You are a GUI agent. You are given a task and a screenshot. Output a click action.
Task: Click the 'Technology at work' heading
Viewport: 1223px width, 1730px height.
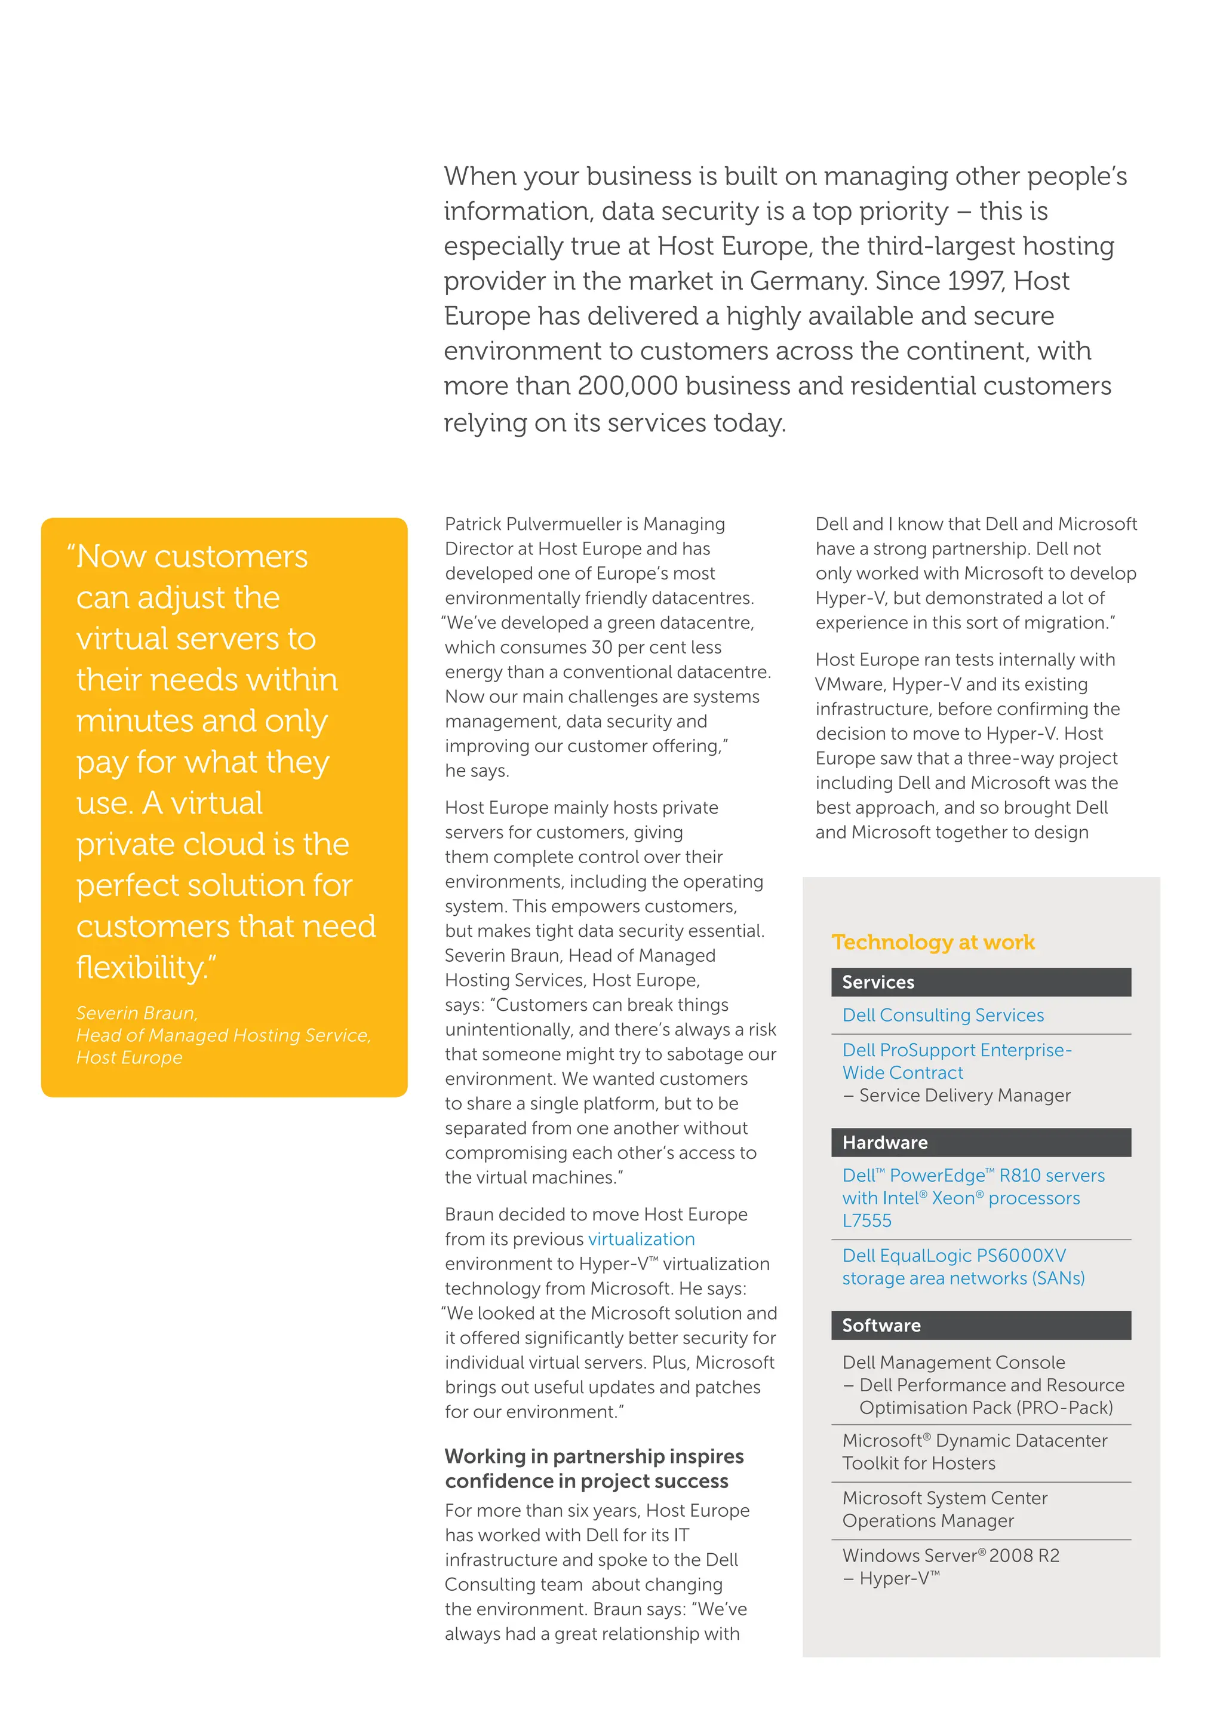click(x=932, y=942)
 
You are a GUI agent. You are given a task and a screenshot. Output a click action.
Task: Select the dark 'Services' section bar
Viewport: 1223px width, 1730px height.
click(x=981, y=982)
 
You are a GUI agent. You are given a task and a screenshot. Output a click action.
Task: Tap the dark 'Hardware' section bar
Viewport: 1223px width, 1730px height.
click(x=981, y=1142)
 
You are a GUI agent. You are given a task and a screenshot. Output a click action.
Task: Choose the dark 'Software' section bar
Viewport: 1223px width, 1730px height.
click(x=981, y=1326)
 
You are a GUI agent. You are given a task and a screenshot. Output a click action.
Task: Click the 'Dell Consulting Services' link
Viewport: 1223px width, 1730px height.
click(x=943, y=1015)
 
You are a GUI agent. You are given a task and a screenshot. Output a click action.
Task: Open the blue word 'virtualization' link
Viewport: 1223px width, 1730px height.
click(x=641, y=1240)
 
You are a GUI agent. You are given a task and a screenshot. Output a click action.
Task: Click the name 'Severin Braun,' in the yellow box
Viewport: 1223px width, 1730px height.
click(x=136, y=1013)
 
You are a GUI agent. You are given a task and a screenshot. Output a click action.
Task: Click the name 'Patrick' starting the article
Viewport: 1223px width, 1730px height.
click(x=472, y=524)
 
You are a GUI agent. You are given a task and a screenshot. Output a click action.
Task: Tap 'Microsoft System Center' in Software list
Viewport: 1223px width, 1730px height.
click(x=944, y=1498)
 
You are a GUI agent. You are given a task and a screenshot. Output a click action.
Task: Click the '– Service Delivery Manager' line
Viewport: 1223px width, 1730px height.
click(x=957, y=1095)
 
